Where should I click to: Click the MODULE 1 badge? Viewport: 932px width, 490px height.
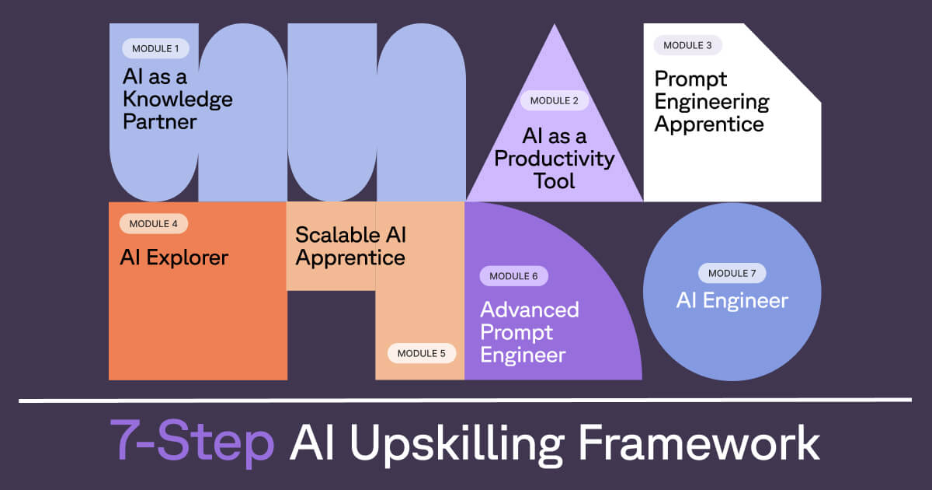(155, 48)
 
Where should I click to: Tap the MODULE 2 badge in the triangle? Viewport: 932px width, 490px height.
(555, 100)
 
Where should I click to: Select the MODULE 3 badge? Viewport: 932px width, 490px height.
(687, 45)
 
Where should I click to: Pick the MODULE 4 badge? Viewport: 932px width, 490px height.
(153, 224)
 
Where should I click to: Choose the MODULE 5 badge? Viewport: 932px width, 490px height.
(422, 353)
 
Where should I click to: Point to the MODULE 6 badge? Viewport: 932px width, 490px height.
(513, 275)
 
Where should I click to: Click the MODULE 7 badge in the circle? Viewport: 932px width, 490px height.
(732, 273)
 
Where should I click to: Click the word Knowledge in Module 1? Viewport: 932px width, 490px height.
(177, 100)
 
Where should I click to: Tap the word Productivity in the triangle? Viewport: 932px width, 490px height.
(555, 159)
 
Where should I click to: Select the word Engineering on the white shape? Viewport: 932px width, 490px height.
(711, 101)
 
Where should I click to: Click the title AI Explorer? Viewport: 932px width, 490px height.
(174, 257)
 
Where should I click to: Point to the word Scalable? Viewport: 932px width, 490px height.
(336, 235)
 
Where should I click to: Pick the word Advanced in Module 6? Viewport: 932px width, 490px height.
(530, 310)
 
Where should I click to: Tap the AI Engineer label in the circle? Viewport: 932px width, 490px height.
(732, 301)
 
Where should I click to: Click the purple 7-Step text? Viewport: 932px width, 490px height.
(192, 443)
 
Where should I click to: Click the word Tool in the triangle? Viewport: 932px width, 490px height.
(555, 181)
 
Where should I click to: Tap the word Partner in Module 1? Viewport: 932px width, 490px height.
(159, 122)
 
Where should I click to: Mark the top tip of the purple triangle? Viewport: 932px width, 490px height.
(554, 25)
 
